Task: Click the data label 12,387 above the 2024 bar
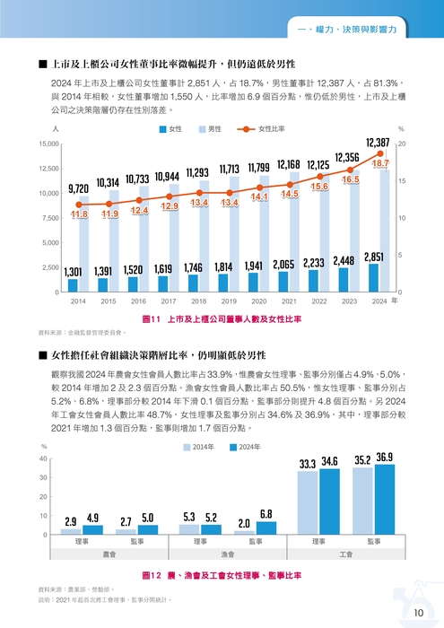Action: [378, 143]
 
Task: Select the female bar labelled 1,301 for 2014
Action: [74, 285]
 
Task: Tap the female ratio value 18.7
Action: [380, 164]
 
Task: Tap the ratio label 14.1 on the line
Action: [259, 196]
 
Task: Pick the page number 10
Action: [420, 613]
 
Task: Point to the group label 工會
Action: [345, 555]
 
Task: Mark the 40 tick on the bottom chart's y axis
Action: [43, 459]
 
